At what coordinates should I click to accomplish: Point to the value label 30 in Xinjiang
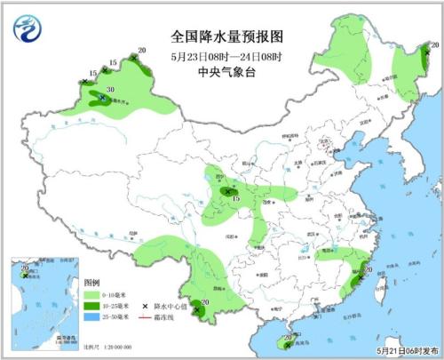[x=110, y=90]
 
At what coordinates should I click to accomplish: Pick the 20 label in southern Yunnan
[x=205, y=303]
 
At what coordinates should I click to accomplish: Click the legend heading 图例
[x=92, y=281]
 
